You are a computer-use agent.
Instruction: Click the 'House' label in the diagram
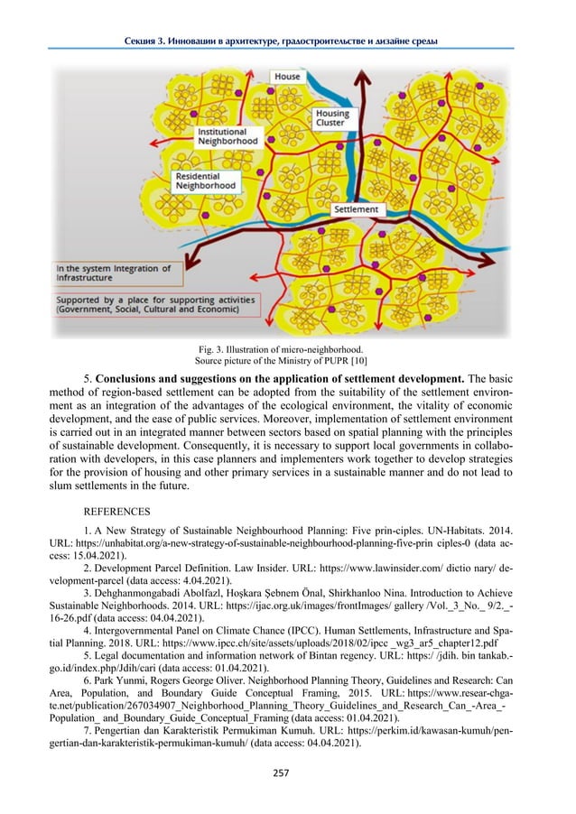[287, 78]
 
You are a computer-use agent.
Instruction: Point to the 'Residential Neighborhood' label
[206, 180]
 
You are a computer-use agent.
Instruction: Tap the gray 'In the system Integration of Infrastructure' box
[113, 273]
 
